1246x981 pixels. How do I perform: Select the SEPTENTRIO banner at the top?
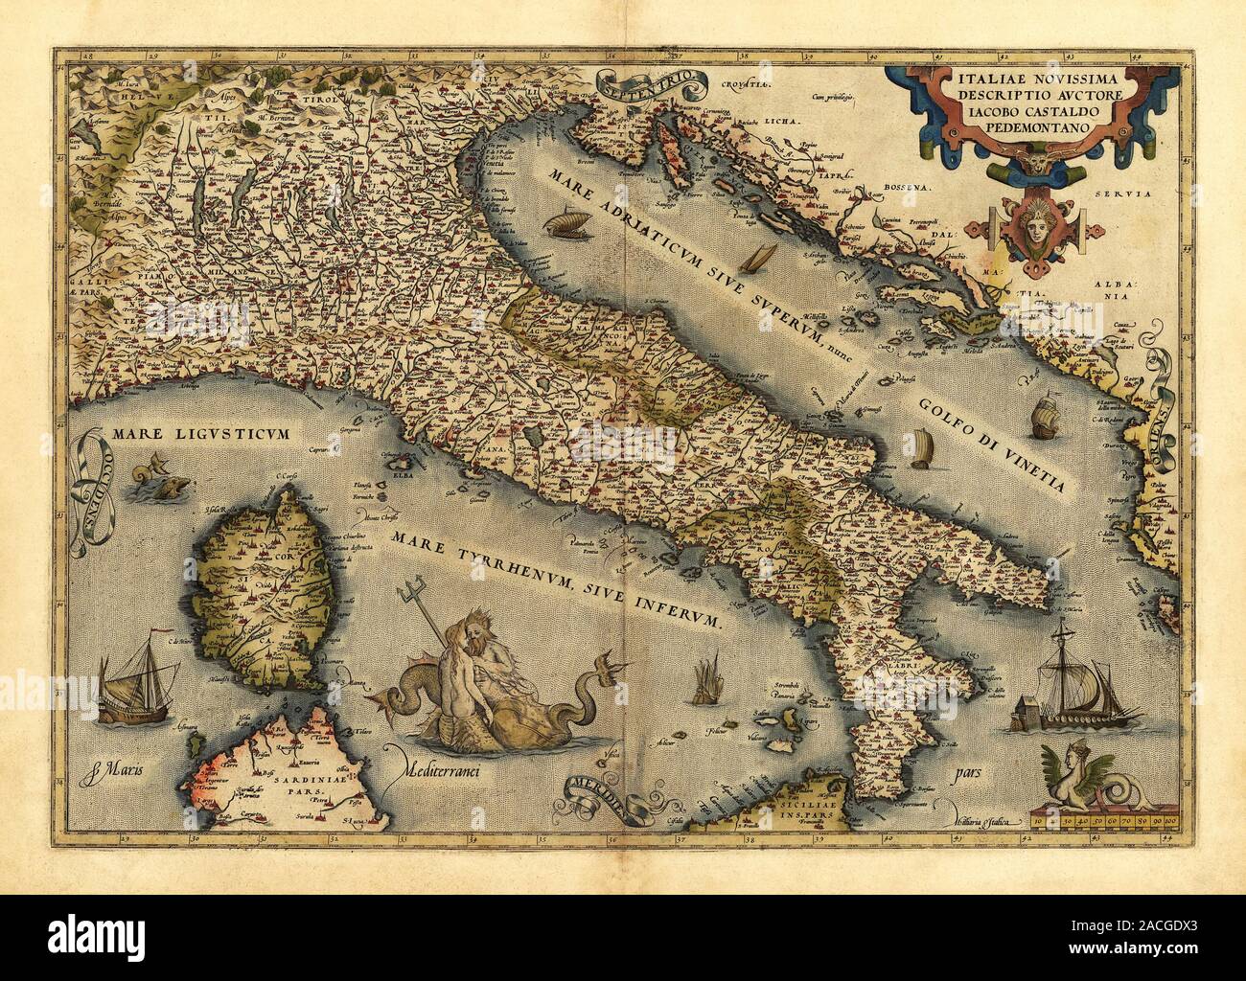(634, 87)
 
